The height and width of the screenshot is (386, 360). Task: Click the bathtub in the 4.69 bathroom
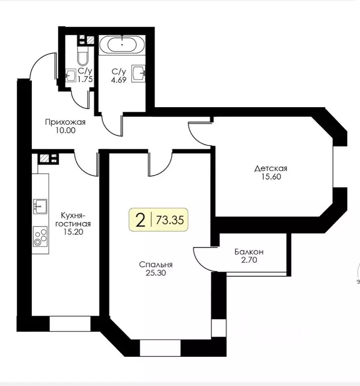(122, 44)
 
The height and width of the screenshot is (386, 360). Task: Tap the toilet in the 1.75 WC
(83, 56)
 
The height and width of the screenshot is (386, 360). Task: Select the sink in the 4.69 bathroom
(138, 73)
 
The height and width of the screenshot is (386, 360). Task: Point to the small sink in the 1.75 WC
(70, 75)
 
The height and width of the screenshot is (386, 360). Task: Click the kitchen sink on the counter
(40, 206)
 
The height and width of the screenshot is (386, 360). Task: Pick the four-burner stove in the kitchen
(40, 237)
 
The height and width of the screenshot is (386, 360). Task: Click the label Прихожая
(65, 122)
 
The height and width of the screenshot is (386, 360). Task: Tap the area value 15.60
(271, 177)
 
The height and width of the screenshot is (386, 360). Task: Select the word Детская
(270, 169)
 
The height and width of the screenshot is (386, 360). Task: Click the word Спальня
(156, 265)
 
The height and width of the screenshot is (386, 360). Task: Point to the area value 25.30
(156, 273)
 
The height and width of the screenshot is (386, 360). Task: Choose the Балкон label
(249, 252)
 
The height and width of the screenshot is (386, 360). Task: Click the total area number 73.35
(170, 220)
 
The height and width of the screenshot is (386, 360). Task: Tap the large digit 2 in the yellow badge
(140, 220)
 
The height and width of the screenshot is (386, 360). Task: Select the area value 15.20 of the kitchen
(73, 231)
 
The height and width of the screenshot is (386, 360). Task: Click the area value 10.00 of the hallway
(65, 130)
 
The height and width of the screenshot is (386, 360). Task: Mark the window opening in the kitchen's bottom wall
(70, 324)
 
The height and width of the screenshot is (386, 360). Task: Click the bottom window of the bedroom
(160, 348)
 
